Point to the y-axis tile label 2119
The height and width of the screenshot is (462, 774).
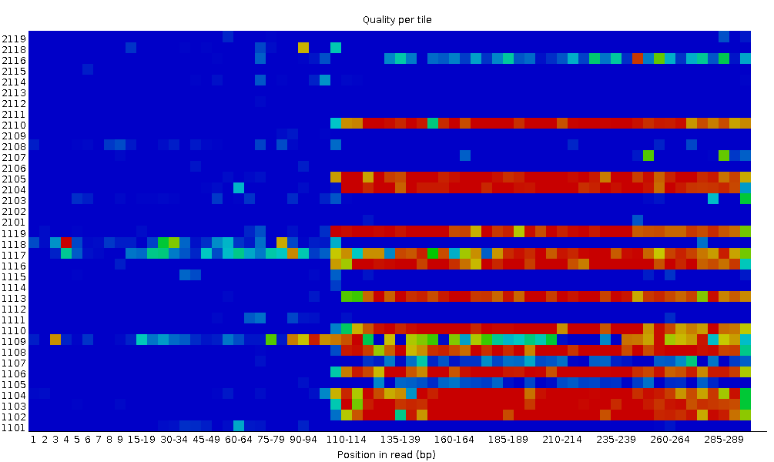coord(14,38)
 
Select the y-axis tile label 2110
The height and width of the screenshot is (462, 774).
coord(14,125)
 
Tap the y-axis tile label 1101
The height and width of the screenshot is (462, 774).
coord(14,428)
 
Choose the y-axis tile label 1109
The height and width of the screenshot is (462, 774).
coord(14,341)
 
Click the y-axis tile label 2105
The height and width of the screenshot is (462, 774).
coord(14,179)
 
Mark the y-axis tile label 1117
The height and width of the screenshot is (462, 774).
coord(14,255)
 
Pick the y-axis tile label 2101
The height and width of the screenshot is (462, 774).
coord(14,223)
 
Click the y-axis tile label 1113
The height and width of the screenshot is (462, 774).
coord(14,298)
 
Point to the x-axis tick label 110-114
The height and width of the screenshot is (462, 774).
coord(347,440)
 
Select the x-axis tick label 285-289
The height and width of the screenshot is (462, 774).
coord(724,440)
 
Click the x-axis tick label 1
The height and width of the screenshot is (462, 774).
coord(34,440)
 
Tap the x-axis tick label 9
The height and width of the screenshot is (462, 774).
coord(120,440)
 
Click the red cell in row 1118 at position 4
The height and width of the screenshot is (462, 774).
coord(66,243)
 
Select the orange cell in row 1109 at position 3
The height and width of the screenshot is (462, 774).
coord(55,340)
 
